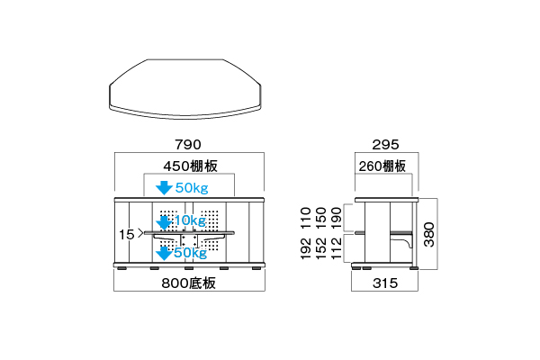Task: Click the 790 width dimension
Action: pyautogui.click(x=188, y=144)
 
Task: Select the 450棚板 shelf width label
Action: pyautogui.click(x=191, y=166)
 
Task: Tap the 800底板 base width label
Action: pyautogui.click(x=189, y=283)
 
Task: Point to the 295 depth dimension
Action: pyautogui.click(x=385, y=144)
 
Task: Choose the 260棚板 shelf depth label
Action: pyautogui.click(x=382, y=166)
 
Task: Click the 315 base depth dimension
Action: pyautogui.click(x=385, y=283)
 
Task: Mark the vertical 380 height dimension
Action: pyautogui.click(x=429, y=234)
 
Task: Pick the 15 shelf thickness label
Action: pyautogui.click(x=126, y=235)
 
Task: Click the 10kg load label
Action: pyautogui.click(x=190, y=220)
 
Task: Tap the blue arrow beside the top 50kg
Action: pyautogui.click(x=164, y=188)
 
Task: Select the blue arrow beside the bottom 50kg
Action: pyautogui.click(x=164, y=253)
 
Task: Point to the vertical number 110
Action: pyautogui.click(x=306, y=218)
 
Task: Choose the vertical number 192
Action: pyautogui.click(x=306, y=248)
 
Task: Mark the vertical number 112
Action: pyautogui.click(x=336, y=248)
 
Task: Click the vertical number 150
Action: pyautogui.click(x=321, y=218)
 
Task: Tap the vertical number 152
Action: pyautogui.click(x=321, y=248)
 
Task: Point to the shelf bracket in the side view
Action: pyautogui.click(x=403, y=238)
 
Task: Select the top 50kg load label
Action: pyautogui.click(x=192, y=188)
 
